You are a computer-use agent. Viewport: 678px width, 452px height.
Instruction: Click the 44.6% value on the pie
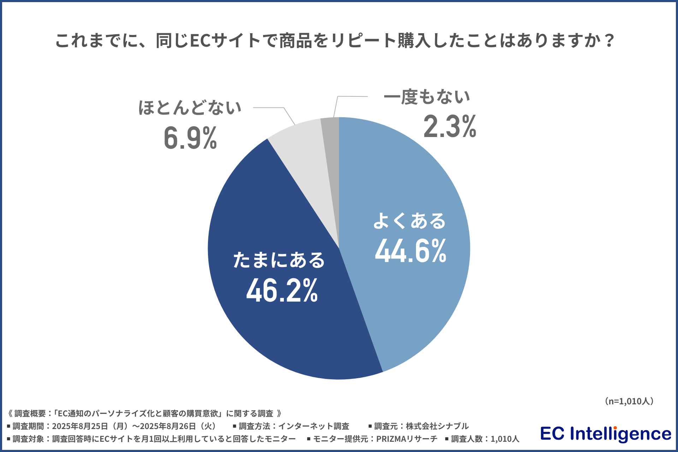411,251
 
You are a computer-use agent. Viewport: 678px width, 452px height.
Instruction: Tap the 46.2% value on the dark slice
282,291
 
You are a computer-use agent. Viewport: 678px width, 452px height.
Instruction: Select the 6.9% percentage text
190,138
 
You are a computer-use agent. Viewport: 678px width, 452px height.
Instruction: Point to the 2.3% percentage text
450,126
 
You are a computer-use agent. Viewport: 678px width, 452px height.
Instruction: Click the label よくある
410,221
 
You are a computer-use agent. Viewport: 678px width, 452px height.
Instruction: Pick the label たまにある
279,260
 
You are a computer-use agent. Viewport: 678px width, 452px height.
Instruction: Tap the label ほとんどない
190,107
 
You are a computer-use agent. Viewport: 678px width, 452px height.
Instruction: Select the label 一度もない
427,96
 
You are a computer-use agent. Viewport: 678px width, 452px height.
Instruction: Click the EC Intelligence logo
606,434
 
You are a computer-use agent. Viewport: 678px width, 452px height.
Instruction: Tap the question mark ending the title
609,41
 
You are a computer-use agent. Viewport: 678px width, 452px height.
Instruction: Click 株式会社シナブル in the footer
437,426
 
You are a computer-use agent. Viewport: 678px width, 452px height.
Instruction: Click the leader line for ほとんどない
272,108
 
